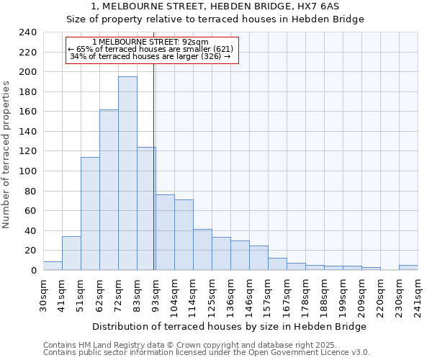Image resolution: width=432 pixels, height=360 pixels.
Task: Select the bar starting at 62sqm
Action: (109, 190)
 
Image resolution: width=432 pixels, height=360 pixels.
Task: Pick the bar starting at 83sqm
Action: (146, 209)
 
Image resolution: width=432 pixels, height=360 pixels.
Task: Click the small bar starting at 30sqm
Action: (53, 266)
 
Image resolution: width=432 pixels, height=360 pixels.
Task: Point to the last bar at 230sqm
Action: (408, 268)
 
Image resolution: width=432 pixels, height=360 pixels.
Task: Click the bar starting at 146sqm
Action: (258, 258)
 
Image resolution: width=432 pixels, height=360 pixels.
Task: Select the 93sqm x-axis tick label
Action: (156, 294)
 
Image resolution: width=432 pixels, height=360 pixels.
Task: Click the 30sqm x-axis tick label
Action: (43, 294)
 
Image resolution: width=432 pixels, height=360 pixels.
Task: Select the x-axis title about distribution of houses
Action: (230, 326)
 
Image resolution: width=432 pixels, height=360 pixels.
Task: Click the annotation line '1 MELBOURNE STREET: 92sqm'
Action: (150, 42)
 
